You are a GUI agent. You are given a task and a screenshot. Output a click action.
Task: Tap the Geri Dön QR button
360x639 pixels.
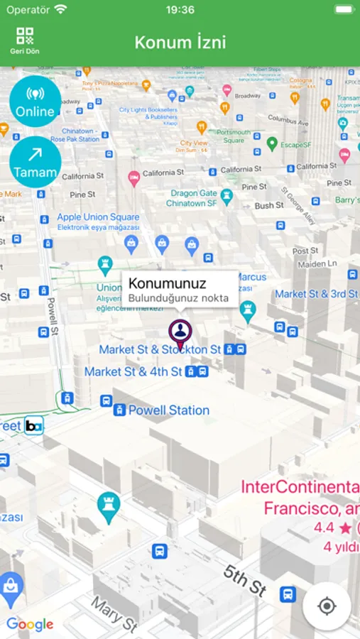[x=25, y=40]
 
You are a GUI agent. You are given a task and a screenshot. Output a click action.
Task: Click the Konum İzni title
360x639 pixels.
[x=180, y=42]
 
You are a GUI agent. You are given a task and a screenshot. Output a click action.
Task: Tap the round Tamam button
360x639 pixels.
[x=36, y=162]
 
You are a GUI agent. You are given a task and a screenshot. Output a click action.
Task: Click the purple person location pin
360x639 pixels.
[x=180, y=332]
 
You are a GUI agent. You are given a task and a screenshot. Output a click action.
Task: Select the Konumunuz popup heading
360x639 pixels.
[x=168, y=284]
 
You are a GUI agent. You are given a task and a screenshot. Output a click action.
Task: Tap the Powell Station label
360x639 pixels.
[x=169, y=410]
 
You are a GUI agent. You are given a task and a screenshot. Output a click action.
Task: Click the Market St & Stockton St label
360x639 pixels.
[x=160, y=349]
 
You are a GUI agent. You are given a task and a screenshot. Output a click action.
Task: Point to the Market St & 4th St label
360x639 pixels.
[x=133, y=371]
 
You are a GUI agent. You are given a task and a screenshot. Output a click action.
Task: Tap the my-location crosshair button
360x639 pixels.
[x=327, y=606]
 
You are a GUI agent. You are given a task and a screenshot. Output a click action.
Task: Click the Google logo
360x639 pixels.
[x=31, y=625]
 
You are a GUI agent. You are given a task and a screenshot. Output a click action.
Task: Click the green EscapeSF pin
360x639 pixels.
[x=271, y=144]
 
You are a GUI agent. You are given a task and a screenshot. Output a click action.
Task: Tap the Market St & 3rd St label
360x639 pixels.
[x=316, y=293]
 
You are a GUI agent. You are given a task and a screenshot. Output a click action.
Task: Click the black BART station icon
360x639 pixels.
[x=33, y=425]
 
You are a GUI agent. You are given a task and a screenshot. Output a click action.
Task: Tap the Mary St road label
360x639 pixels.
[x=114, y=613]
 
